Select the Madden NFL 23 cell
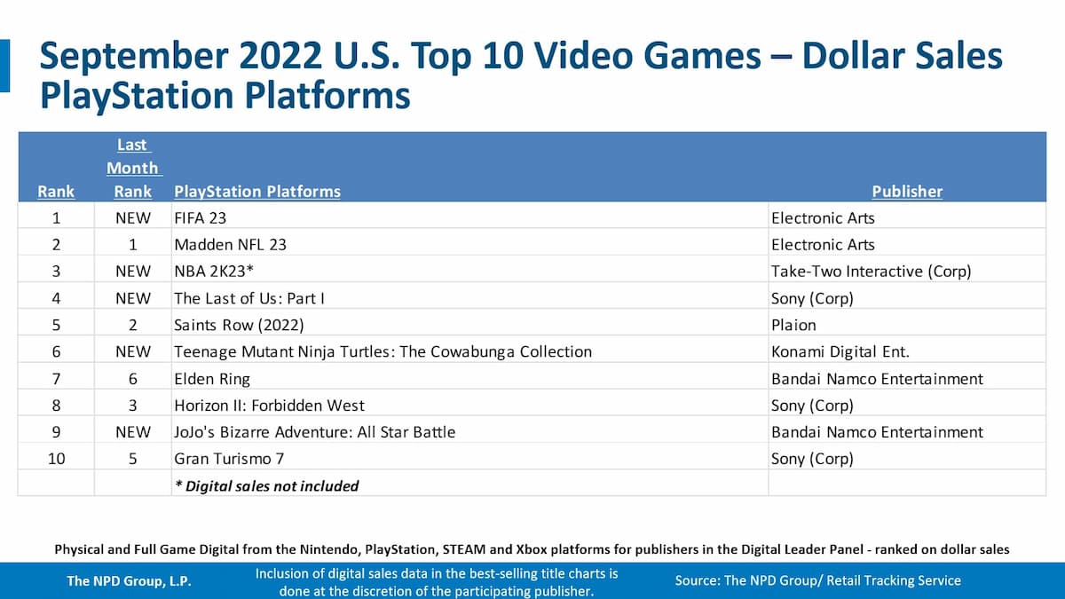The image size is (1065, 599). click(x=230, y=245)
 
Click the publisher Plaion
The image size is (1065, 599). click(x=793, y=325)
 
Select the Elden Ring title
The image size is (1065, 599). click(x=212, y=379)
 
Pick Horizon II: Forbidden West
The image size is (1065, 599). click(x=269, y=406)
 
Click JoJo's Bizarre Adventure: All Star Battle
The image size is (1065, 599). click(x=314, y=432)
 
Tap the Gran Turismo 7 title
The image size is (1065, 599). click(x=229, y=459)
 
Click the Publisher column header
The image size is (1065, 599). click(x=907, y=191)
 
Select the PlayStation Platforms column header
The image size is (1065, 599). click(x=257, y=191)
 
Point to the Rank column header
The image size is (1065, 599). click(x=56, y=191)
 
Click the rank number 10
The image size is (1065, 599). click(x=56, y=459)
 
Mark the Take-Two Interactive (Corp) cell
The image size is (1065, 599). click(x=871, y=272)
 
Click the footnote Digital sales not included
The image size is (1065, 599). click(x=266, y=485)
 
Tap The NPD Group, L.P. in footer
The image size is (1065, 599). click(x=130, y=581)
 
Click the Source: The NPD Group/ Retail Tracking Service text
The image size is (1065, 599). click(x=817, y=580)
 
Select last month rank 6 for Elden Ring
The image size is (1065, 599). click(x=132, y=379)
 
